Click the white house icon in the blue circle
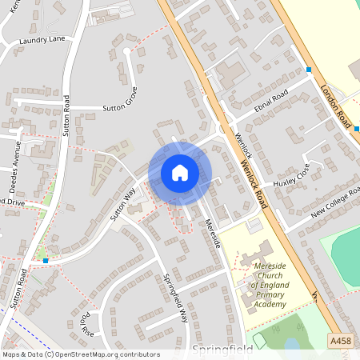180,172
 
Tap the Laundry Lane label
42,39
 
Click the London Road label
336,107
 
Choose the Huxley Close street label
290,178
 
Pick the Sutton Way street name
124,203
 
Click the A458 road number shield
341,342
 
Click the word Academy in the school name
270,305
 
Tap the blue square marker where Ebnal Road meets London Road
309,70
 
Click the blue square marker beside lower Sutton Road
46,261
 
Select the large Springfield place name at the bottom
222,350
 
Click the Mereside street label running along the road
212,233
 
